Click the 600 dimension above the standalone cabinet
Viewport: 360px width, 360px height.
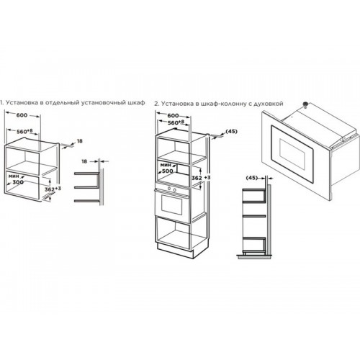[x=22, y=115]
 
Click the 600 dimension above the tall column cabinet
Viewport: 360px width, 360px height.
[x=173, y=116]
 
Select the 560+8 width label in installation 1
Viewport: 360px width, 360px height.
[x=24, y=131]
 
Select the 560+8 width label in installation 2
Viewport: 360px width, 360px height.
[x=176, y=122]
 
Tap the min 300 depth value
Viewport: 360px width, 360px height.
[x=18, y=182]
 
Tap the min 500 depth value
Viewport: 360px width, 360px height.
[x=168, y=171]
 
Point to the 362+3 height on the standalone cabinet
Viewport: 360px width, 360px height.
[x=53, y=189]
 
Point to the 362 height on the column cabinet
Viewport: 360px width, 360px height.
[x=197, y=178]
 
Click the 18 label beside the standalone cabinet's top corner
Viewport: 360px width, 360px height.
[x=79, y=141]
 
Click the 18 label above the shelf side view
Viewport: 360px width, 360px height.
[x=84, y=161]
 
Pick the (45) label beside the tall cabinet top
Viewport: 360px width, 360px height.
[x=231, y=131]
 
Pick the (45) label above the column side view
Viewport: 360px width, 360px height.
[x=252, y=178]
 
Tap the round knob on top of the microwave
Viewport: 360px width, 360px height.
[x=305, y=105]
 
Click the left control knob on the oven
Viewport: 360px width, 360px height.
[x=169, y=189]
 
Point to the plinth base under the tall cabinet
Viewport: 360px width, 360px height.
[x=175, y=251]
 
